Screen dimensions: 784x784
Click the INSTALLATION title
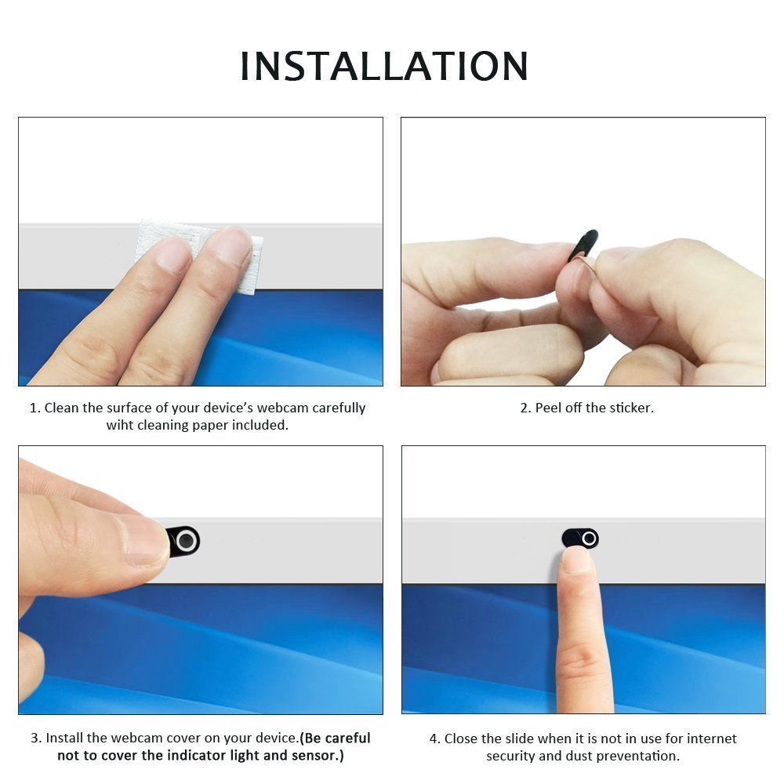point(384,66)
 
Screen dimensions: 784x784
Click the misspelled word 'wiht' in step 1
point(120,426)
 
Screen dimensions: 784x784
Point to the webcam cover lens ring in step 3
point(186,541)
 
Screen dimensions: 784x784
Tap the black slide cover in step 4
point(579,538)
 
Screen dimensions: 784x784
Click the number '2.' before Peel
point(526,408)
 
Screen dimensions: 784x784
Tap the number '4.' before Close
point(435,739)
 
